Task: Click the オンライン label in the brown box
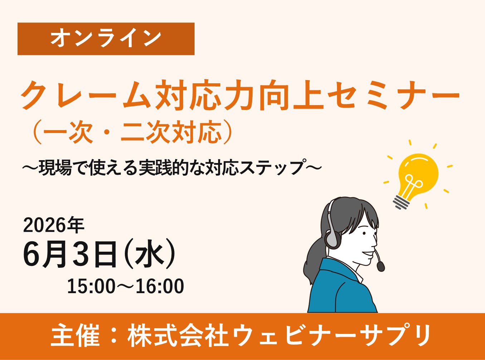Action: [x=106, y=39]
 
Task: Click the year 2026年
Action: [x=54, y=225]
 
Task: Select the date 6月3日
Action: [x=70, y=255]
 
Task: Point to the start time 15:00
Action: [x=91, y=286]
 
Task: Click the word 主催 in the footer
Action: [x=75, y=336]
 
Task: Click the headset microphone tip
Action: [x=381, y=266]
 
